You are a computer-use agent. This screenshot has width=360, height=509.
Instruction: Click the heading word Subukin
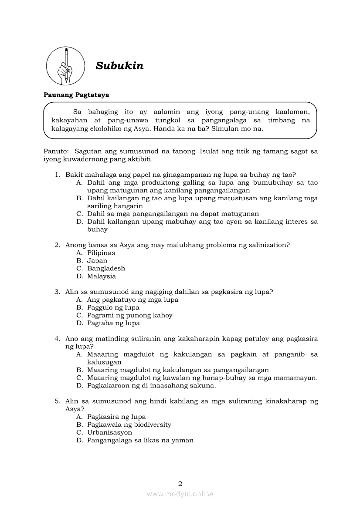coord(119,66)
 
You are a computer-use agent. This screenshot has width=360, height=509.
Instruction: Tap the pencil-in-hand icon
coord(66,66)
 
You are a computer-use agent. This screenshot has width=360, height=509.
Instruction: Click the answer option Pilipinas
coord(101,253)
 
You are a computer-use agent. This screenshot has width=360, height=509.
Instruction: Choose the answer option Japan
coord(97,260)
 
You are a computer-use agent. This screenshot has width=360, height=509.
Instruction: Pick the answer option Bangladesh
coord(106,268)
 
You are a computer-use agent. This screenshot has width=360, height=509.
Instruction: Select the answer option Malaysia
coord(102,276)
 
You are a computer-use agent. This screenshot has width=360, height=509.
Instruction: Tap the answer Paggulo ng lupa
coord(113,307)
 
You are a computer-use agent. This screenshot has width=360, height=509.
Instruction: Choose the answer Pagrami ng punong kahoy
coord(130,315)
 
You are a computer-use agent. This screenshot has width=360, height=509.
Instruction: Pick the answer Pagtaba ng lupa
coord(113,323)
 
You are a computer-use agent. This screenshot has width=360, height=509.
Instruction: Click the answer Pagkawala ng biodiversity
coord(129,425)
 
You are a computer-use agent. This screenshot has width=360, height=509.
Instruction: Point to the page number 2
coord(180,483)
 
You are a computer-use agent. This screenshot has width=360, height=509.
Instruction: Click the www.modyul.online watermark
coord(180,494)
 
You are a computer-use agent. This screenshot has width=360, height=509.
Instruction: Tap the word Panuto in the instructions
coord(56,151)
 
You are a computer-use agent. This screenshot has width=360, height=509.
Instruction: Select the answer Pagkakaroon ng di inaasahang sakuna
coord(151,385)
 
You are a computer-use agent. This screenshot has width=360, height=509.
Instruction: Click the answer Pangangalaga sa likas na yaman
coord(140,440)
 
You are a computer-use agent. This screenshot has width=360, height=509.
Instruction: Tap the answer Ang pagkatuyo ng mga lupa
coord(132,300)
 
